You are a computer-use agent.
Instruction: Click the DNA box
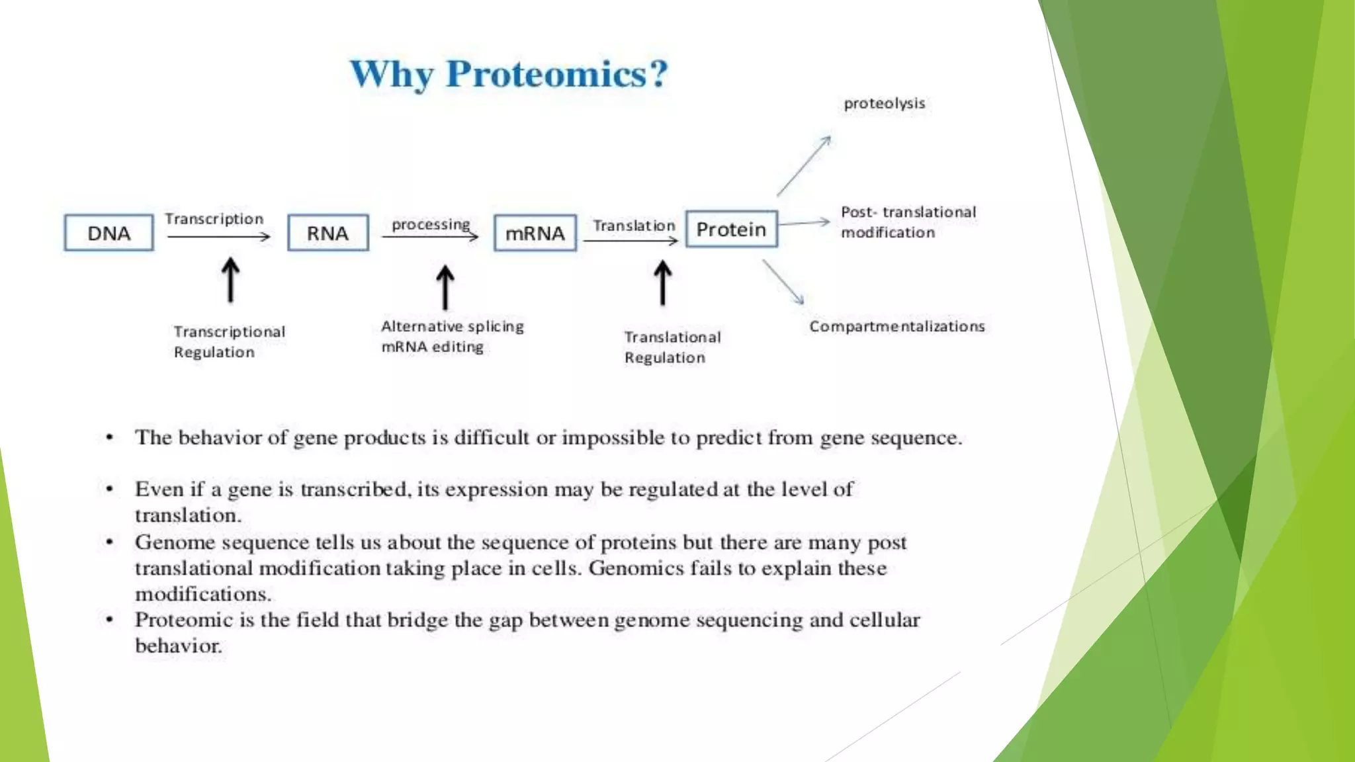pos(109,233)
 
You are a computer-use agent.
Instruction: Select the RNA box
pos(328,233)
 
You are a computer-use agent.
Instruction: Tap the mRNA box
pos(535,233)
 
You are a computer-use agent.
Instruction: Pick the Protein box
pos(731,230)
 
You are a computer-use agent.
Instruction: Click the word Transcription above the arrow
pos(214,219)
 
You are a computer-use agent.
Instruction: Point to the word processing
pos(431,225)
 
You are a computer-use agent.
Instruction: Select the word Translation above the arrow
pos(633,226)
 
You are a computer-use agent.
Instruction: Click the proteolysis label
pos(884,104)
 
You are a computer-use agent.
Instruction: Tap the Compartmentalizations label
pos(896,326)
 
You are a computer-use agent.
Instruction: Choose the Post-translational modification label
pos(907,222)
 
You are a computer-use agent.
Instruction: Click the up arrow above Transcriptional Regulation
pos(230,280)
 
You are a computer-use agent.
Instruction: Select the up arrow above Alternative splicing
pos(445,288)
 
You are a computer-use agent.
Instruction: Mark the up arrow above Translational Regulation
pos(662,283)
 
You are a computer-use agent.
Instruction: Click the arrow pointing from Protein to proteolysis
pos(803,167)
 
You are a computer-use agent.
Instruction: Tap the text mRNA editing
pos(432,347)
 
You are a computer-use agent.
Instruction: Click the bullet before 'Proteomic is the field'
pos(110,620)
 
